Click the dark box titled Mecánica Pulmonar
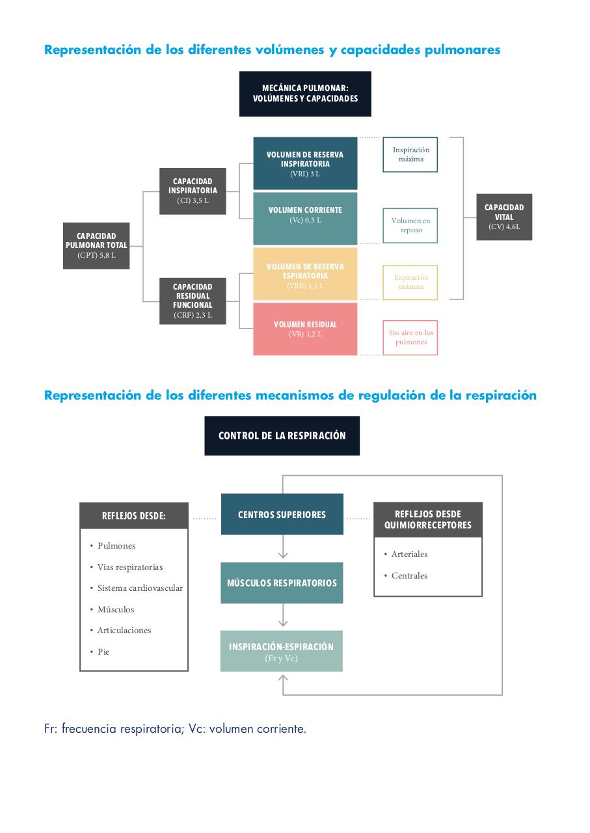point(305,94)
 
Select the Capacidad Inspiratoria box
point(193,191)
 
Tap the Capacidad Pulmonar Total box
point(96,246)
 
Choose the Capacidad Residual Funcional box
point(193,301)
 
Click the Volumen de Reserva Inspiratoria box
point(305,163)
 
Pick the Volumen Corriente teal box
point(305,219)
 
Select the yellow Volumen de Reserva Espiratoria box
point(305,274)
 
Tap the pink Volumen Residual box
point(305,329)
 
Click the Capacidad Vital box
point(504,217)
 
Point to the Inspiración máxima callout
point(410,155)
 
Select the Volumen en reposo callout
point(410,226)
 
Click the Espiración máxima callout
point(410,282)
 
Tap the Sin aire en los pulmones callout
point(410,338)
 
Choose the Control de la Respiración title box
point(282,436)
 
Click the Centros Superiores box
point(282,514)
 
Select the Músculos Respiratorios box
point(282,582)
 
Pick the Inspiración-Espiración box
point(282,651)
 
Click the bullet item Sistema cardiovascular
point(140,588)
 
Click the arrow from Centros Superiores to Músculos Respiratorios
point(283,547)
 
